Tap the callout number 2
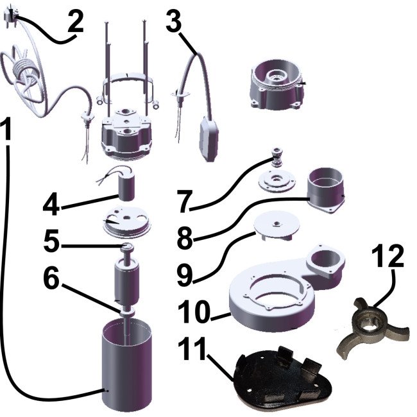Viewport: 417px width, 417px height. click(x=76, y=21)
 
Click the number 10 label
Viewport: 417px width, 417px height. click(x=194, y=310)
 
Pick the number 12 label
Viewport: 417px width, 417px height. click(x=389, y=255)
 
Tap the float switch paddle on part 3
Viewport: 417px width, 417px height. click(x=208, y=139)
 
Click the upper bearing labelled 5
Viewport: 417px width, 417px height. click(x=126, y=248)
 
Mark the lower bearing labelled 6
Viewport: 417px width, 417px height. click(x=126, y=312)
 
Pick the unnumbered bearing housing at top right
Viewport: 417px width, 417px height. click(x=278, y=85)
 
